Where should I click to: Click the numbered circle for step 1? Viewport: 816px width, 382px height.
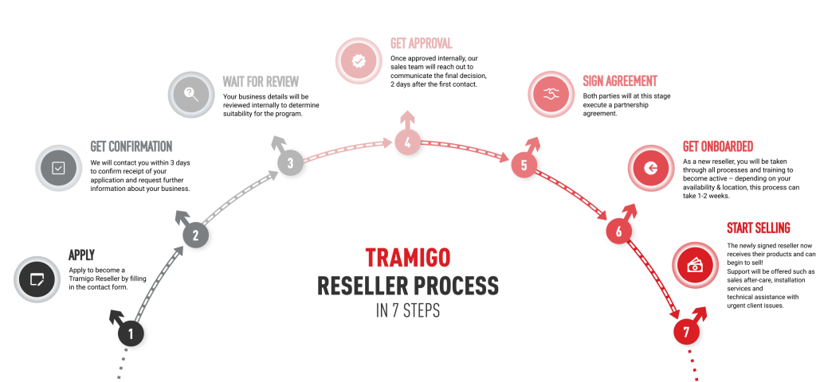pos(131,333)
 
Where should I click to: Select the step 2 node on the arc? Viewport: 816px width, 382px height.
pos(195,236)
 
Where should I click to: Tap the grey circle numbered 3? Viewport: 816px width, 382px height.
pos(290,163)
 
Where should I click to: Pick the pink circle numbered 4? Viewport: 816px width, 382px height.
pos(407,143)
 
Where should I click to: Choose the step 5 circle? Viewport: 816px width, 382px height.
pos(524,166)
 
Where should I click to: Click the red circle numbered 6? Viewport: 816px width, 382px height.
pos(618,232)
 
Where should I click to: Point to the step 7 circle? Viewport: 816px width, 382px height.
pos(686,331)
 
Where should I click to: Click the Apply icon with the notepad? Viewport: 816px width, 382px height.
pos(37,279)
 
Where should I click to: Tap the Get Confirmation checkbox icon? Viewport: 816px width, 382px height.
pos(59,168)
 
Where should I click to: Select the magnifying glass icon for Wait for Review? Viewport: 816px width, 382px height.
pos(191,95)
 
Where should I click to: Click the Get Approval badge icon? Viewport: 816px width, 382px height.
pos(359,60)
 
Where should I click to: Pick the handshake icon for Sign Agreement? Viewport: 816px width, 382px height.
pos(551,95)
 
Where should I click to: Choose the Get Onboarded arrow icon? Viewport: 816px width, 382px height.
pos(651,168)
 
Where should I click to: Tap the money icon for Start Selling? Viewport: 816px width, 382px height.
pos(696,265)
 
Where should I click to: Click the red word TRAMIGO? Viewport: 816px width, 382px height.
pos(407,257)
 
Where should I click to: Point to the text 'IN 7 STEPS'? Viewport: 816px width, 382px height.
pos(407,310)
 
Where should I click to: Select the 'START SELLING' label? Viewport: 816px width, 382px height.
pos(758,228)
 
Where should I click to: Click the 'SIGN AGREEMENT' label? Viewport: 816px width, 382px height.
pos(620,81)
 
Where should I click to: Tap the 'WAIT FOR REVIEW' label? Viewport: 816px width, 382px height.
pos(261,81)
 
